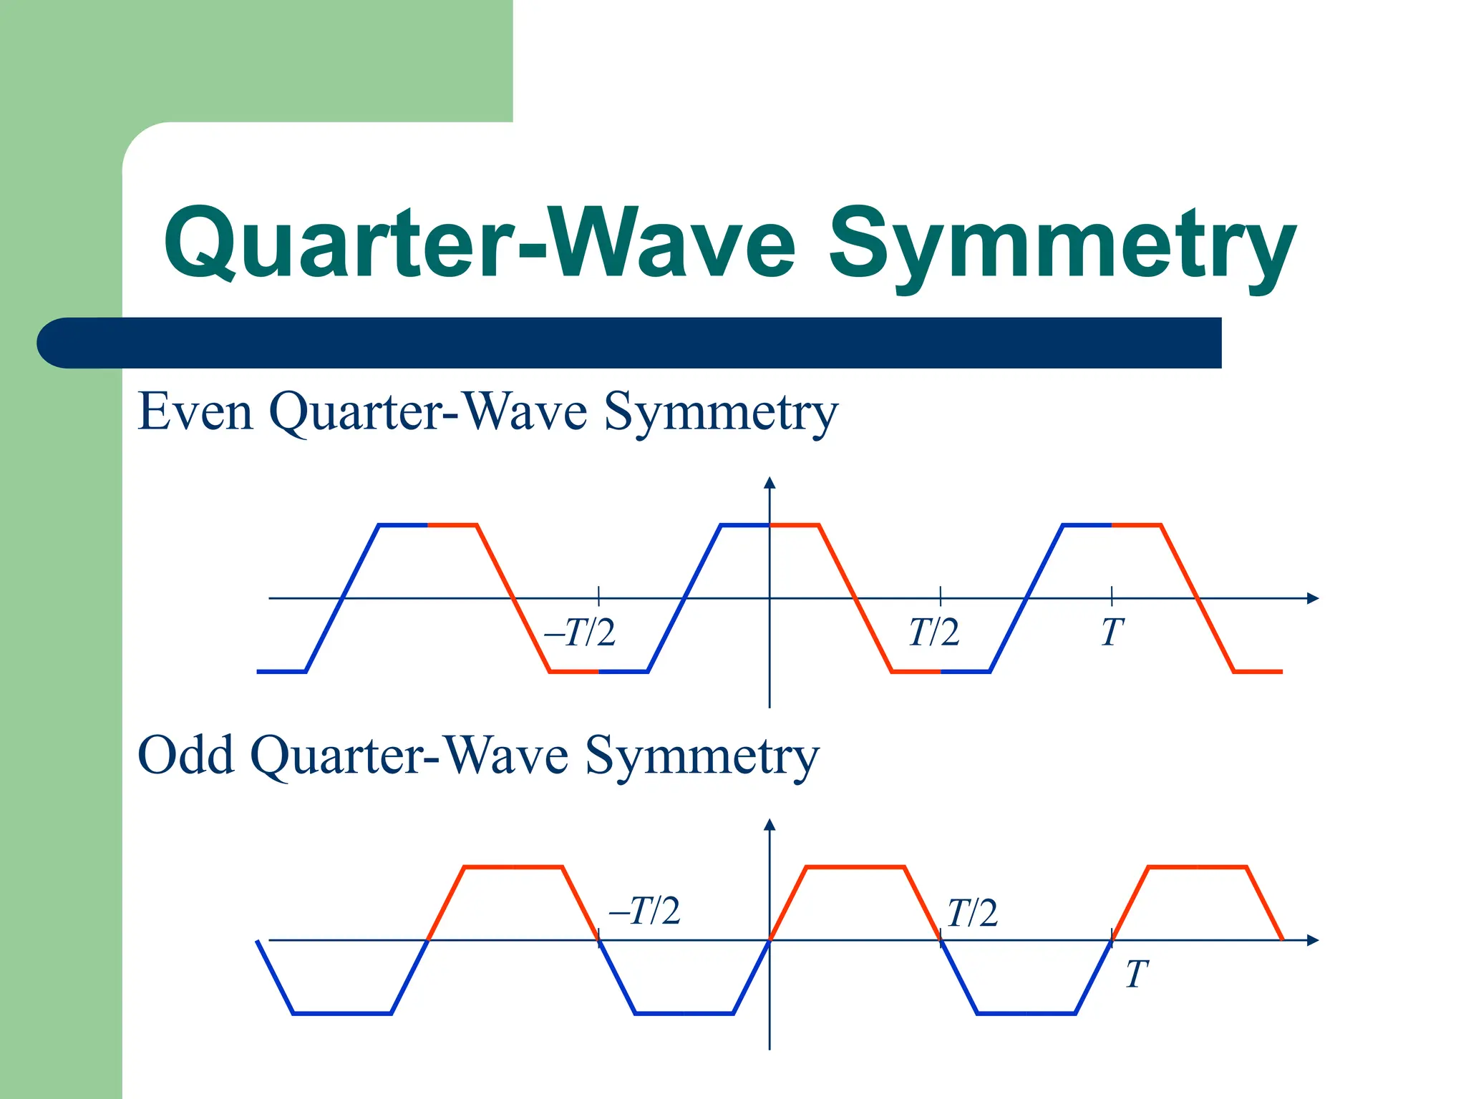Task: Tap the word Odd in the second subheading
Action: pyautogui.click(x=185, y=755)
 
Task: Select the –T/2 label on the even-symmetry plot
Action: pyautogui.click(x=580, y=632)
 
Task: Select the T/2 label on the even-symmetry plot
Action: pyautogui.click(x=933, y=632)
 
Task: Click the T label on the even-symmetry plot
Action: pyautogui.click(x=1112, y=632)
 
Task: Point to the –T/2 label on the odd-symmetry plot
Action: pyautogui.click(x=644, y=911)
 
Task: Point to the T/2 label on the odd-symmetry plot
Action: pyautogui.click(x=971, y=913)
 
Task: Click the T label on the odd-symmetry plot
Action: pyautogui.click(x=1136, y=975)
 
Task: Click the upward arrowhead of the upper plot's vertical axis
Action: pyautogui.click(x=770, y=483)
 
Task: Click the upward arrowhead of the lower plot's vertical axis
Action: pyautogui.click(x=770, y=825)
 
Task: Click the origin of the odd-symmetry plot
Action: pyautogui.click(x=770, y=940)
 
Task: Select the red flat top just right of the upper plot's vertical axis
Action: pyautogui.click(x=795, y=525)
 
